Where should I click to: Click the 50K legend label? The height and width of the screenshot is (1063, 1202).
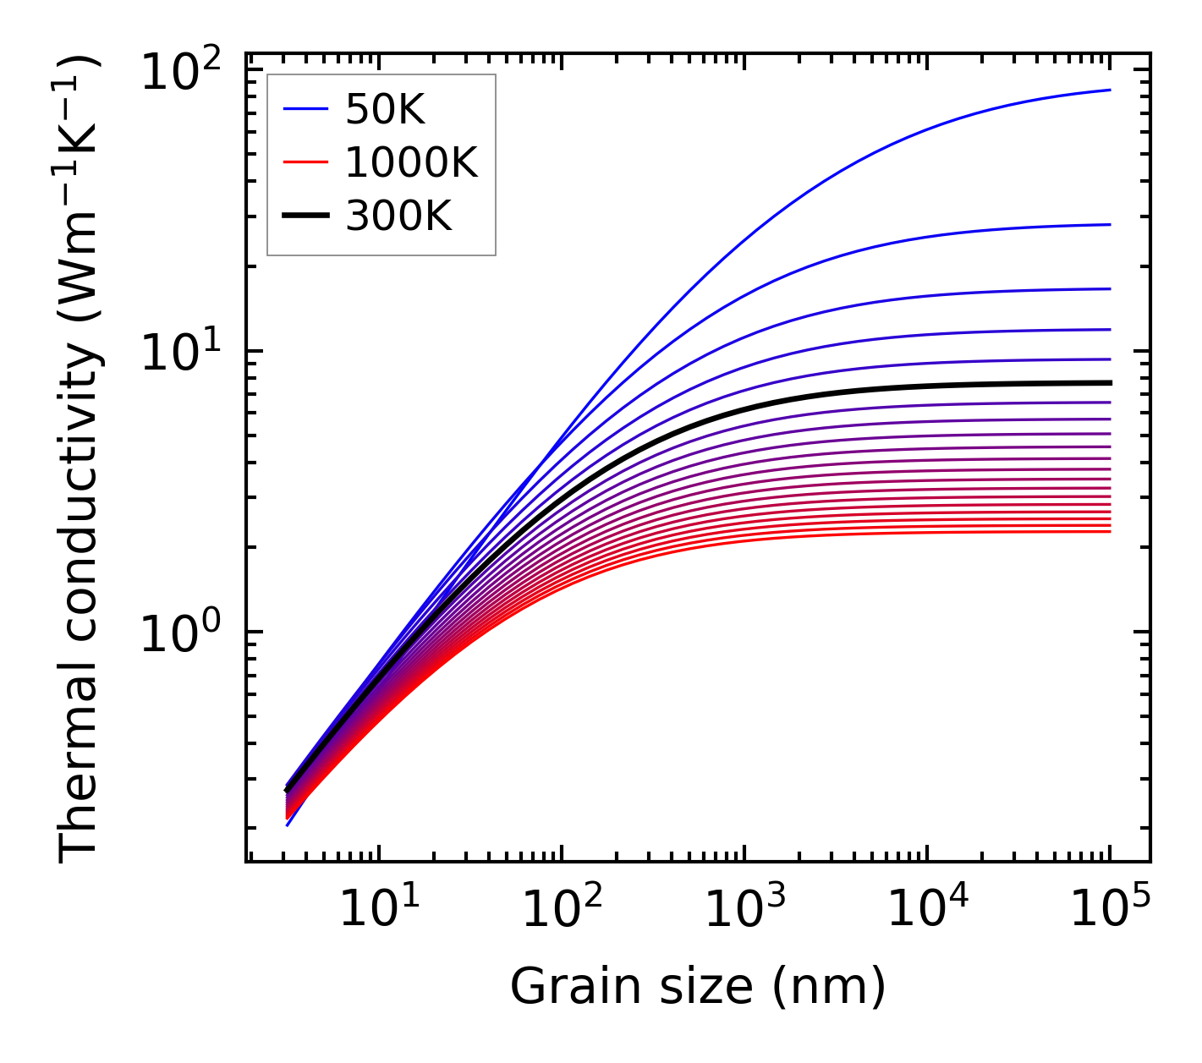pyautogui.click(x=385, y=110)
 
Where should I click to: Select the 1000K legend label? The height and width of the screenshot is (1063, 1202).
pyautogui.click(x=411, y=163)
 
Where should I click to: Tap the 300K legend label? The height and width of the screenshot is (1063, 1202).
pyautogui.click(x=398, y=216)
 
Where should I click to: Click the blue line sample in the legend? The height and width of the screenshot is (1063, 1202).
pyautogui.click(x=305, y=110)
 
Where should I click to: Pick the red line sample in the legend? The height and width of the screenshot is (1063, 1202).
pyautogui.click(x=305, y=163)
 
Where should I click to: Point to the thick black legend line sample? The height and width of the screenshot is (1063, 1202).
pyautogui.click(x=305, y=216)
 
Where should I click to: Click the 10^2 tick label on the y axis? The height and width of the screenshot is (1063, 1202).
pyautogui.click(x=179, y=73)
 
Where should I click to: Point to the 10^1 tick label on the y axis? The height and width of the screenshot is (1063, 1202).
pyautogui.click(x=179, y=353)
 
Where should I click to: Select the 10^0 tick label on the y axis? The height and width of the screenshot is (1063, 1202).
pyautogui.click(x=179, y=634)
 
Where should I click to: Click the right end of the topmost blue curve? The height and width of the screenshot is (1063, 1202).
pyautogui.click(x=1109, y=90)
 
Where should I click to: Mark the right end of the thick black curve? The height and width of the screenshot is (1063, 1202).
pyautogui.click(x=1109, y=383)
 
